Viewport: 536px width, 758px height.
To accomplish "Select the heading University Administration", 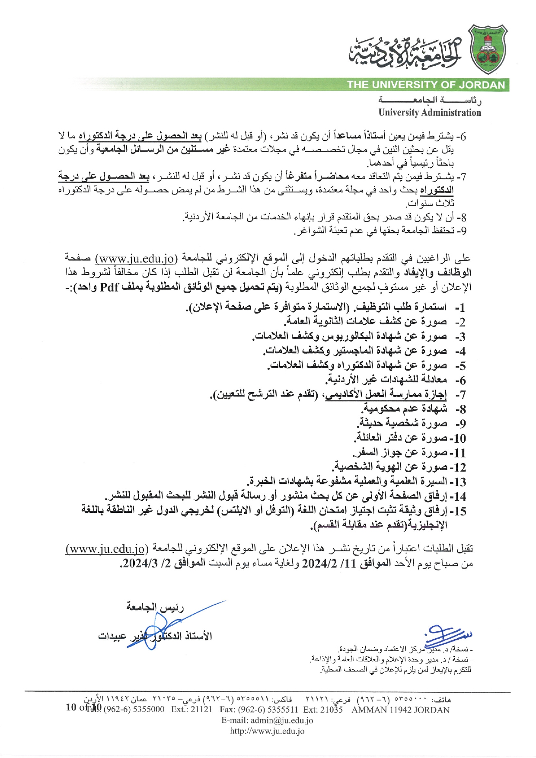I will tap(429, 113).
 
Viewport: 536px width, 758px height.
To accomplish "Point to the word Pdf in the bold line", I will tap(109, 287).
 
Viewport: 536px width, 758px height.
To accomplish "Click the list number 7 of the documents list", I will tap(461, 395).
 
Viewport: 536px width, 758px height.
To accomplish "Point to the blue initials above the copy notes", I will tap(447, 635).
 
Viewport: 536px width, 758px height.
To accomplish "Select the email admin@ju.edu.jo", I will tap(281, 720).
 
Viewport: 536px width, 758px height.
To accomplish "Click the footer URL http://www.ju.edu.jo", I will tap(267, 731).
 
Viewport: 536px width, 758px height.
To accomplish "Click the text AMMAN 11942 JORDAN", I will tap(400, 710).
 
